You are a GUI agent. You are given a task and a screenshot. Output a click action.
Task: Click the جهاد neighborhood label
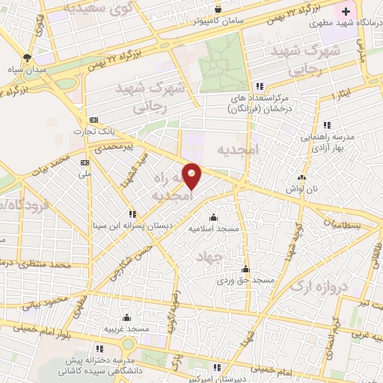(210, 257)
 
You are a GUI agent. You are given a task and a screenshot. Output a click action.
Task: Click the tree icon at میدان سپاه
(27, 58)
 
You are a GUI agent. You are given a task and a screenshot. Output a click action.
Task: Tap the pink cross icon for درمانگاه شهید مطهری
(346, 10)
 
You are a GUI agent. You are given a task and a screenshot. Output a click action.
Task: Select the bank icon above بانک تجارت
(94, 120)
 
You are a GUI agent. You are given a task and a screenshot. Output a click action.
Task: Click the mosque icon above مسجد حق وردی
(245, 269)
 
